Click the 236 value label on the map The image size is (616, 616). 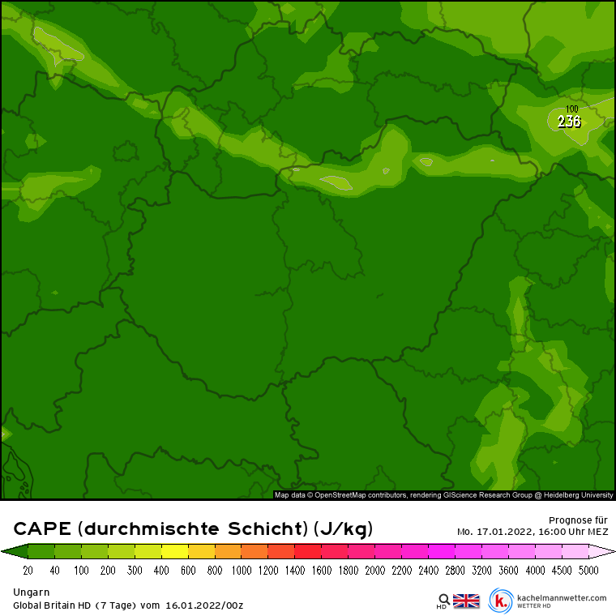point(569,122)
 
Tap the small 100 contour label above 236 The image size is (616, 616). point(572,109)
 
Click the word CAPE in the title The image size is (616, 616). point(42,529)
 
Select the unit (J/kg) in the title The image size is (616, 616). point(343,529)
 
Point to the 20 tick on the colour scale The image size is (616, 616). point(28,571)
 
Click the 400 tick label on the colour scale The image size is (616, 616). point(161,571)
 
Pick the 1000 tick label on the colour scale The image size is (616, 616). point(241,571)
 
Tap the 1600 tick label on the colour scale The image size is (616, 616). point(321,571)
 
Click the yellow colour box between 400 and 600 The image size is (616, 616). point(174,552)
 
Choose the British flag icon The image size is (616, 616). point(466,601)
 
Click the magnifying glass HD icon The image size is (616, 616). point(443,601)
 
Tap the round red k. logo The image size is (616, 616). point(501,601)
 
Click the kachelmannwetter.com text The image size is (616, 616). point(561,598)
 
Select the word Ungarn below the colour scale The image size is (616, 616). point(32,592)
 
